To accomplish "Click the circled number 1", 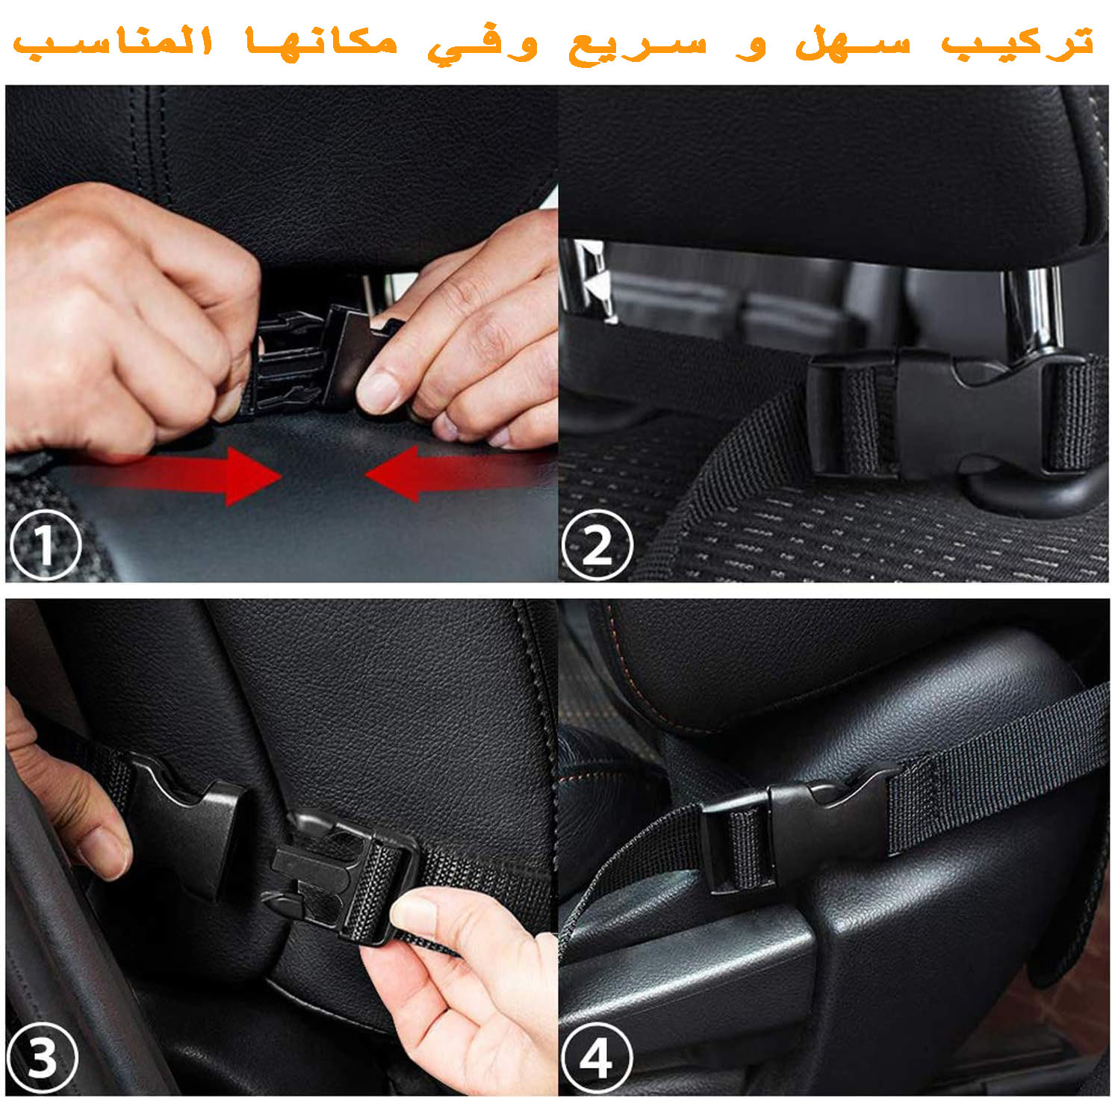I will [x=45, y=544].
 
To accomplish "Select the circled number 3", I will [x=42, y=1057].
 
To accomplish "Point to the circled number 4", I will [x=596, y=1057].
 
